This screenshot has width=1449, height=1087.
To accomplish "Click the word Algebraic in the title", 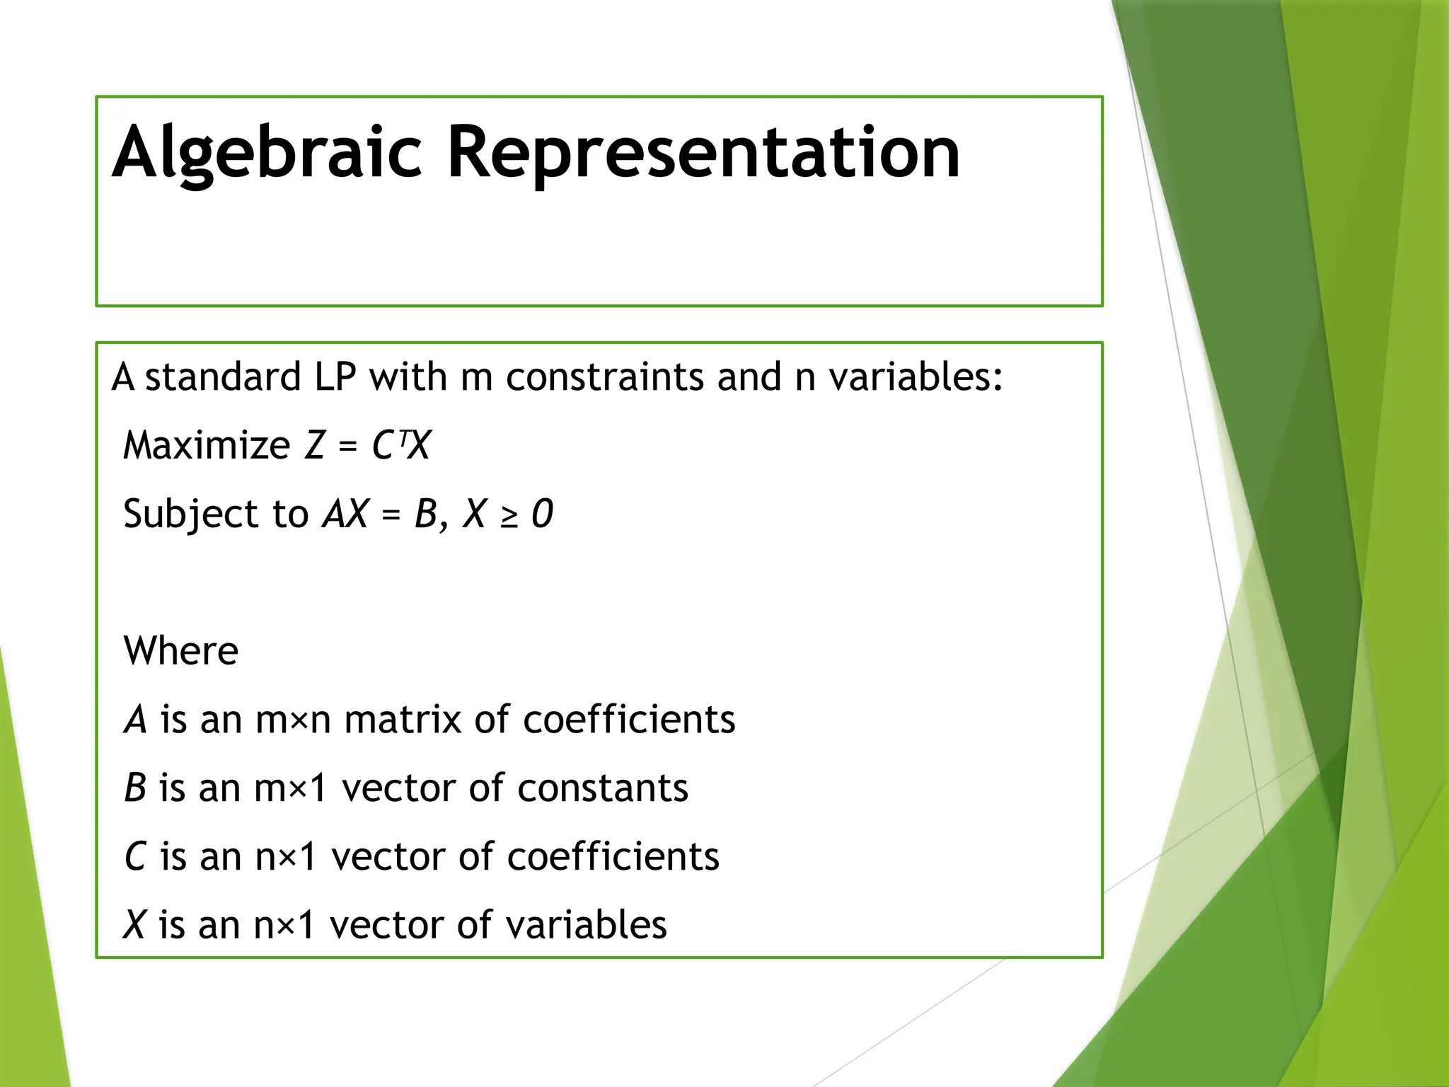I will (x=267, y=153).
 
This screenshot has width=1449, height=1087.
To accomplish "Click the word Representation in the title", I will (x=703, y=153).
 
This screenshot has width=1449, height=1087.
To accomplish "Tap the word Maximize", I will (x=207, y=446).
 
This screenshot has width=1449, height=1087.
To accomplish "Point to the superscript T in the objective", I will (x=403, y=438).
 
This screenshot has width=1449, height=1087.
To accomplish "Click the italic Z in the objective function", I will (x=314, y=446).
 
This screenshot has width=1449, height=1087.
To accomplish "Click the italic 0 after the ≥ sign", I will (x=542, y=514).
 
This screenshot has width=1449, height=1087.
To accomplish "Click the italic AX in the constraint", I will (x=345, y=514).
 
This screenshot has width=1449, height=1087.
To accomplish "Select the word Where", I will (x=181, y=651).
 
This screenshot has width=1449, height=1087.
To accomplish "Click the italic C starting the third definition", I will (x=134, y=857).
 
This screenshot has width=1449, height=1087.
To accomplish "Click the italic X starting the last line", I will (x=134, y=925).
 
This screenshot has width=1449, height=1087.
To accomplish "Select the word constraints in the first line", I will (x=605, y=377).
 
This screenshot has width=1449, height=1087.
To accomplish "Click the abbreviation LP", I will (x=335, y=377).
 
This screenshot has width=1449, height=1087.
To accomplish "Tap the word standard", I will (x=223, y=377).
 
